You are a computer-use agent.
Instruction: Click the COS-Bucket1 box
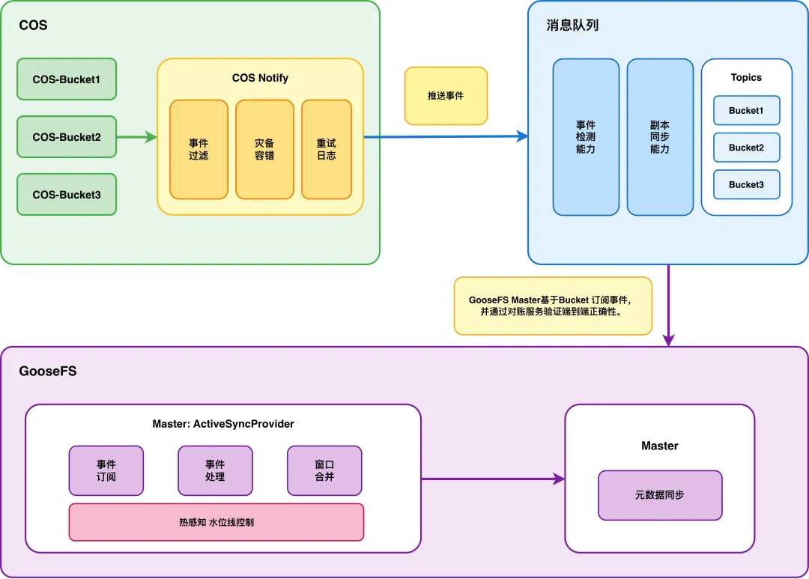tap(67, 79)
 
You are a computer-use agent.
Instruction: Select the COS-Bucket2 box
tap(67, 137)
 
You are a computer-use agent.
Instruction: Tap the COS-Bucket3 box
tap(67, 195)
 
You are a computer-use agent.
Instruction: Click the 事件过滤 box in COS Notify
tap(199, 149)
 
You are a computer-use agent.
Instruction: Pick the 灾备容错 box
tap(264, 149)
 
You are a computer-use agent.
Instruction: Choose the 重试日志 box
tap(327, 149)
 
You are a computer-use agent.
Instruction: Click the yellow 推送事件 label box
tap(446, 96)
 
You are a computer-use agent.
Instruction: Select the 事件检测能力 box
tap(586, 137)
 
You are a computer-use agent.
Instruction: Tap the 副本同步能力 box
tap(660, 137)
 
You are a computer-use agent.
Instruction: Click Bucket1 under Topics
tap(746, 111)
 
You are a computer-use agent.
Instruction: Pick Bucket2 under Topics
tap(746, 148)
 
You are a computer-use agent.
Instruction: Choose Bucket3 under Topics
tap(746, 184)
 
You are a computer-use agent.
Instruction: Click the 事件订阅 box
tap(106, 470)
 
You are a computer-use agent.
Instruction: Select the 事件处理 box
tap(215, 470)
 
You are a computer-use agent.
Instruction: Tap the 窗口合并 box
tap(324, 470)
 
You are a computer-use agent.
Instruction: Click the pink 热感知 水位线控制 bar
tap(216, 522)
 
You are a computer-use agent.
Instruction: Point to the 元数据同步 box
tap(660, 495)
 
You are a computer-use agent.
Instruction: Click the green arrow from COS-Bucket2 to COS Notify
tap(136, 137)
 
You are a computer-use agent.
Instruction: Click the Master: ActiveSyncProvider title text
tap(223, 424)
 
